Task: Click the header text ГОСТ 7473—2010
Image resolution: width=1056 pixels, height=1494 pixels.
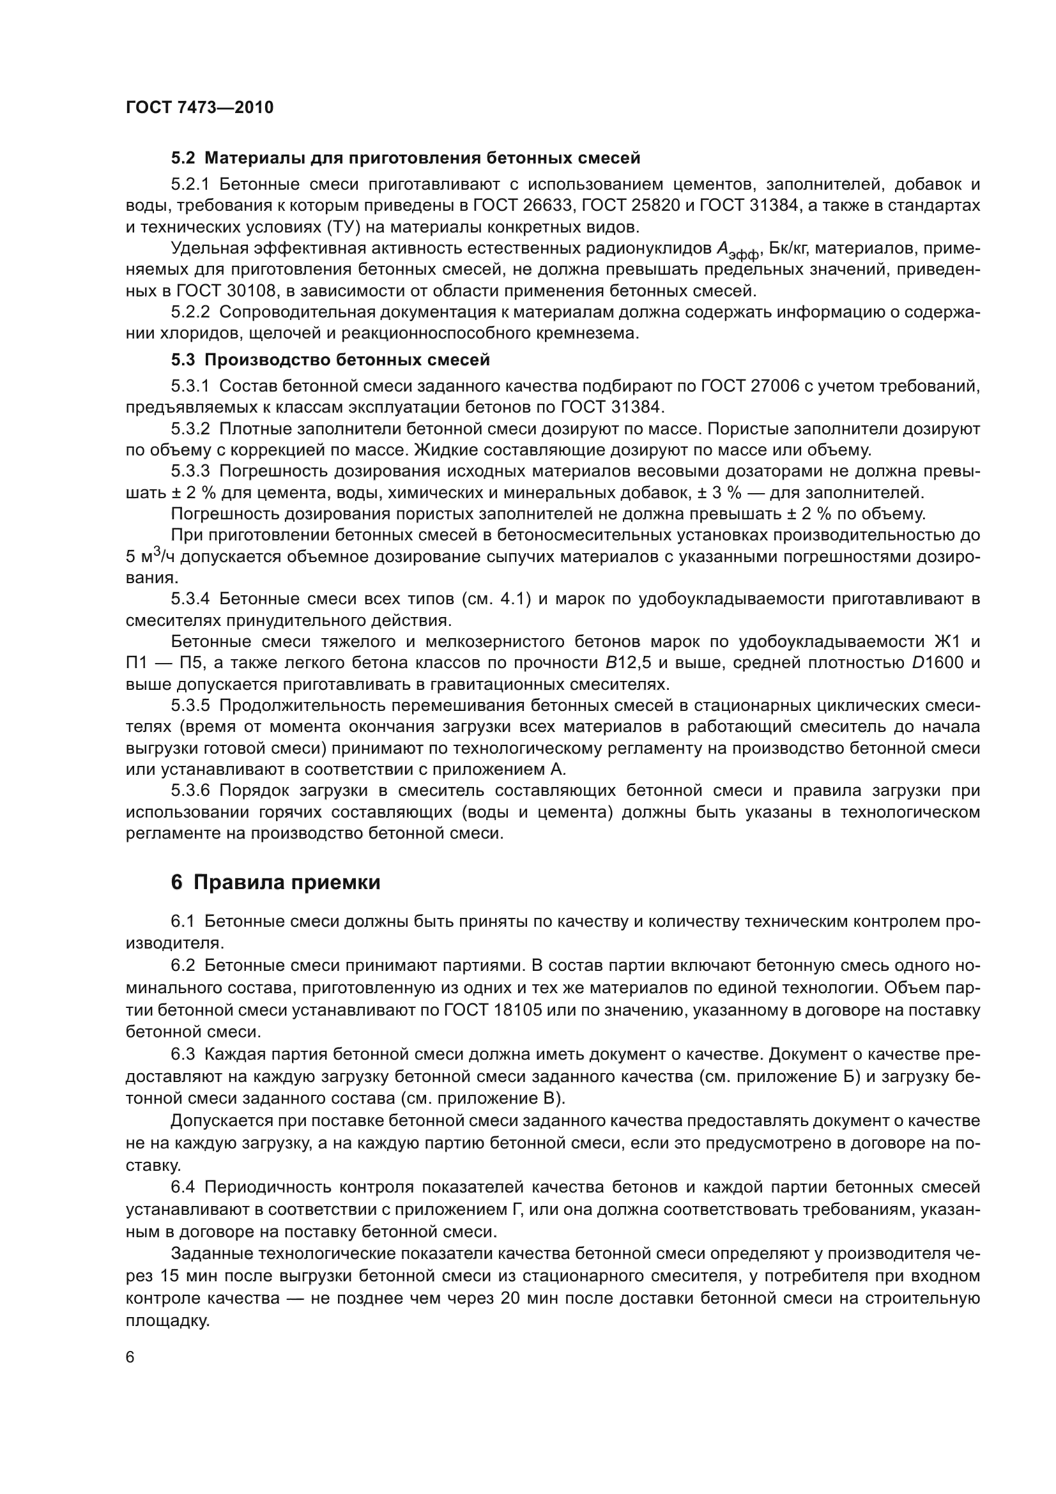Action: click(x=199, y=107)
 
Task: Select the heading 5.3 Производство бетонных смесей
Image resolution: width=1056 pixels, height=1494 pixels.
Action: click(x=330, y=360)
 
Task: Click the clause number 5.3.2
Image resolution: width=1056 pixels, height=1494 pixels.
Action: click(x=190, y=429)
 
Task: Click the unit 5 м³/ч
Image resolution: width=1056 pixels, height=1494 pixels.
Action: click(x=150, y=557)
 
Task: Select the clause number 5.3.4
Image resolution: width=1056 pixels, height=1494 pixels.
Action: click(x=190, y=598)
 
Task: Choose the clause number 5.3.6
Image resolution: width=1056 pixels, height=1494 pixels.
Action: click(x=190, y=791)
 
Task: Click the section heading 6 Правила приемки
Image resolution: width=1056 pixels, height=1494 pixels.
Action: click(x=275, y=883)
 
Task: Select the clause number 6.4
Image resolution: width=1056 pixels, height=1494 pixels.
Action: click(x=183, y=1187)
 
